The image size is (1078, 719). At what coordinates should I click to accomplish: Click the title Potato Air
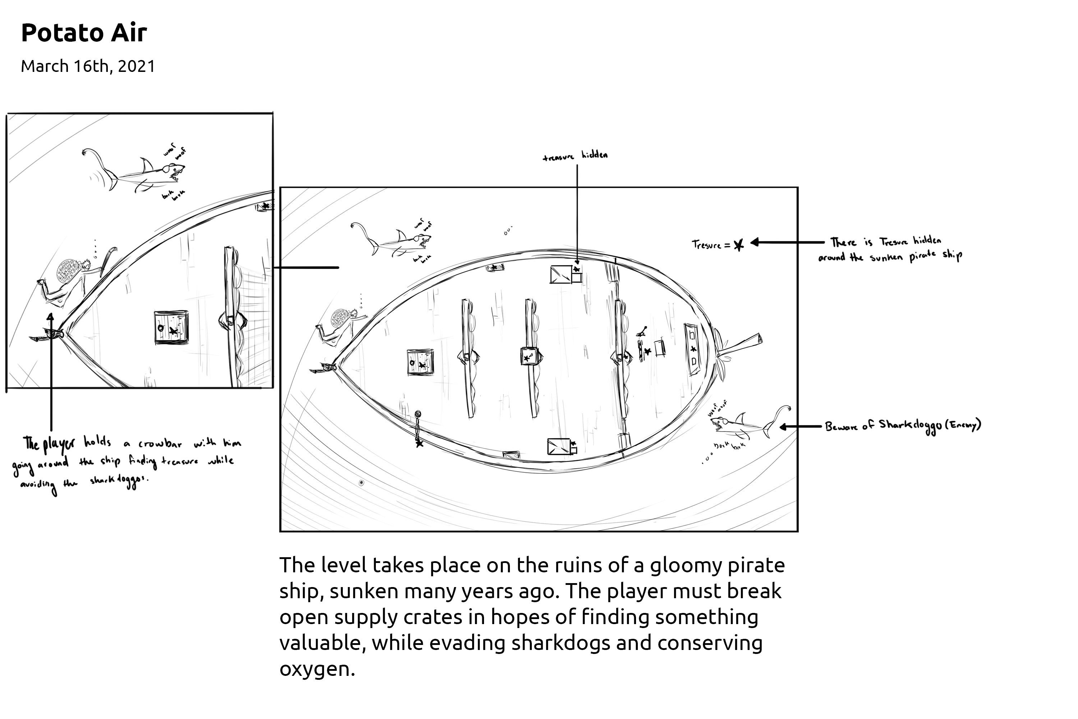point(84,33)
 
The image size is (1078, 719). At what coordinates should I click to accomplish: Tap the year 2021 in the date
point(136,67)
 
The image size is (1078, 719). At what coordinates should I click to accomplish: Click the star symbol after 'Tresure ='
point(738,245)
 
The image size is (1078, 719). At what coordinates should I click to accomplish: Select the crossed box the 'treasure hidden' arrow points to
point(561,274)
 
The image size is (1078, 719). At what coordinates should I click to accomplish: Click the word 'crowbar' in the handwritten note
point(160,444)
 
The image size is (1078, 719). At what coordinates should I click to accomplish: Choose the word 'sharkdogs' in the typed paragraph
point(561,644)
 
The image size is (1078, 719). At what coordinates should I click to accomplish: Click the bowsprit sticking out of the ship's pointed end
point(740,344)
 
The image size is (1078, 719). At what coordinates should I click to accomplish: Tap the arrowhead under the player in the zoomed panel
point(50,316)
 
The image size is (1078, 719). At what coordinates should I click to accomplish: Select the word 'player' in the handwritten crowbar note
point(58,444)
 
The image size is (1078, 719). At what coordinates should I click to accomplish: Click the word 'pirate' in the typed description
point(756,566)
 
